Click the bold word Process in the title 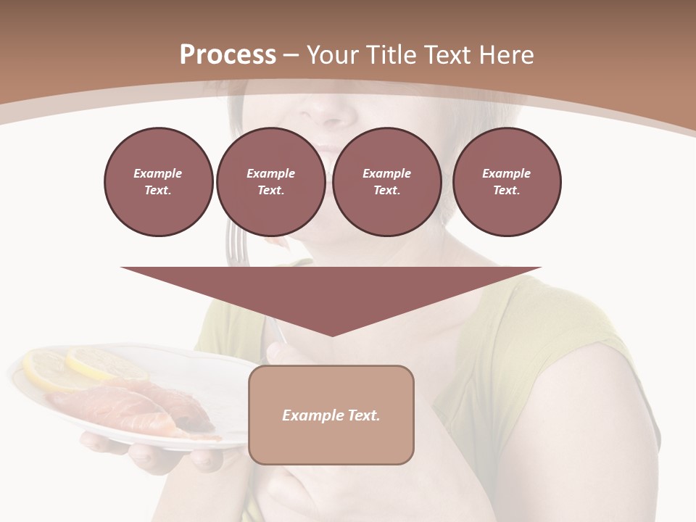pos(228,55)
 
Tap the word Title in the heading pos(391,55)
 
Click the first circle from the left pos(158,182)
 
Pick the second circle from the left pos(270,182)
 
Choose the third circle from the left pos(386,182)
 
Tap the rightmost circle pos(506,182)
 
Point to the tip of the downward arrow pos(331,334)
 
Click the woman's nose pos(331,109)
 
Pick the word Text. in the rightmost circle pos(506,191)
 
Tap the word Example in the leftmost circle pos(158,173)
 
